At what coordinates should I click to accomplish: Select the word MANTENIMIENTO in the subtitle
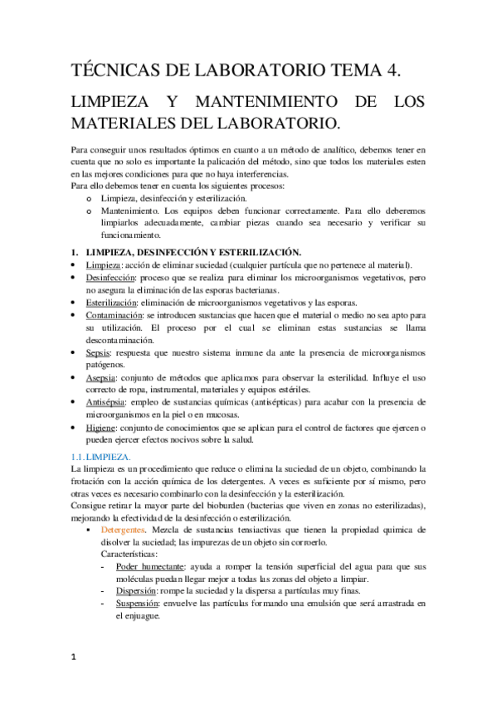point(254,104)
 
